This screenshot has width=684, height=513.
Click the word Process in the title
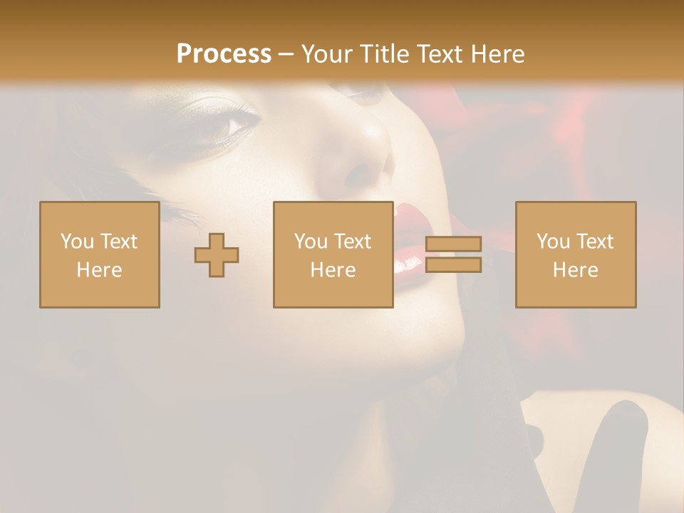point(224,54)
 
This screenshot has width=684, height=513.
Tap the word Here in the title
point(497,54)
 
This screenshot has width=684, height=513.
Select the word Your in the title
point(326,54)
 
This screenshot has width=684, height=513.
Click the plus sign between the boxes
point(217,255)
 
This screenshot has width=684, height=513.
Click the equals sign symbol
point(453,254)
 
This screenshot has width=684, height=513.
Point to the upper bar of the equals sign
point(453,244)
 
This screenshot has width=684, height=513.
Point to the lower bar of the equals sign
point(453,265)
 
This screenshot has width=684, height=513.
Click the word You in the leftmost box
point(76,242)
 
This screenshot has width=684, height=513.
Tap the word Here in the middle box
point(333,270)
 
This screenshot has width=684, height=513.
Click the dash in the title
point(286,55)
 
